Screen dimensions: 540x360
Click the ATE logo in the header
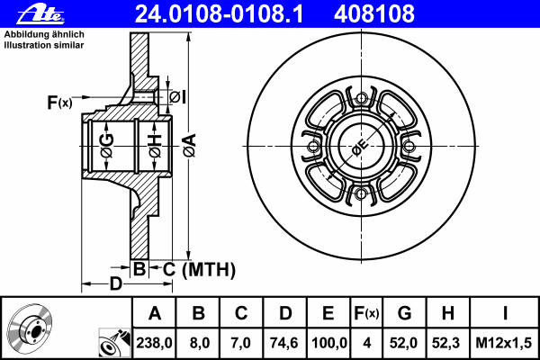40,13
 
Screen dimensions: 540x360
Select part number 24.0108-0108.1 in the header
219,13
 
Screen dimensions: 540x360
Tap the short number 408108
374,13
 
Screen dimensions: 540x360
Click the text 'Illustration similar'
44,45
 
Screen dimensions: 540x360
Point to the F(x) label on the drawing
59,103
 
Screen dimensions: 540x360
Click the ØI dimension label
177,97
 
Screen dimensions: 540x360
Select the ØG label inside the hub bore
106,147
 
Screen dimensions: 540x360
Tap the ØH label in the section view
155,147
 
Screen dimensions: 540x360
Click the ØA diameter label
189,146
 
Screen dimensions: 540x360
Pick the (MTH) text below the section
209,270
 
